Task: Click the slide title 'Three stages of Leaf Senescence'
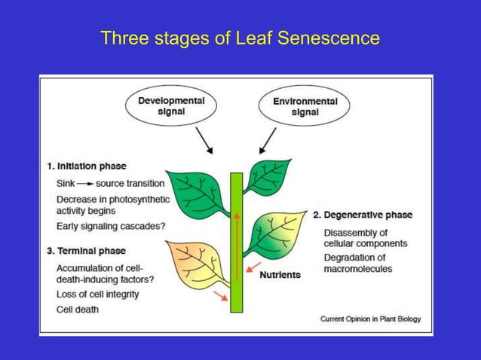point(240,37)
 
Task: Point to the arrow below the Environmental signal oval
point(268,139)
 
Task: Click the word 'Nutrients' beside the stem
point(280,275)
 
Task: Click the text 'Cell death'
point(77,309)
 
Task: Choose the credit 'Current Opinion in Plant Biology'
point(370,319)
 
